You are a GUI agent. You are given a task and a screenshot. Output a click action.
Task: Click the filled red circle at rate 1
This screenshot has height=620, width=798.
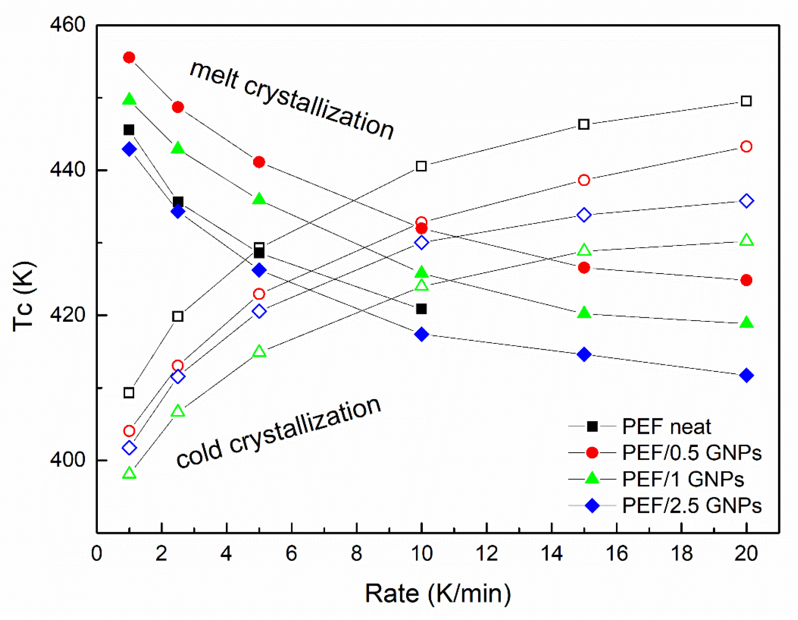pyautogui.click(x=129, y=58)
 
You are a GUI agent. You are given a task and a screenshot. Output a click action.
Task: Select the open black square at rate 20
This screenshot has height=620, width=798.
pyautogui.click(x=746, y=101)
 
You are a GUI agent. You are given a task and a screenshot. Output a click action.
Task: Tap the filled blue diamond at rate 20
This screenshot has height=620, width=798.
pyautogui.click(x=746, y=375)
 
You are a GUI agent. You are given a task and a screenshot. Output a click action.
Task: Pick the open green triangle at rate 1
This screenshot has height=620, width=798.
pyautogui.click(x=129, y=473)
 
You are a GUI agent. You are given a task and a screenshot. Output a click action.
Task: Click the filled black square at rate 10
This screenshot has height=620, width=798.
pyautogui.click(x=421, y=309)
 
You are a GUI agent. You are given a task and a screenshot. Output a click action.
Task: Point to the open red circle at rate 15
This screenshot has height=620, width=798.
pyautogui.click(x=583, y=180)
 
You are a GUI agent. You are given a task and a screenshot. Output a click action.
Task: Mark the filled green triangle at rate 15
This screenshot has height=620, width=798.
pyautogui.click(x=583, y=313)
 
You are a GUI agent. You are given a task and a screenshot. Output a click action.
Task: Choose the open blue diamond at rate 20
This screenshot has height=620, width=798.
pyautogui.click(x=746, y=201)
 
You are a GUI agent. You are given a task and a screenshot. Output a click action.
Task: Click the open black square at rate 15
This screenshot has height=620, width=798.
pyautogui.click(x=583, y=124)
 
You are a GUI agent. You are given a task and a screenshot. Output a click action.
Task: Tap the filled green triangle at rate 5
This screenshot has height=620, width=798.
pyautogui.click(x=259, y=199)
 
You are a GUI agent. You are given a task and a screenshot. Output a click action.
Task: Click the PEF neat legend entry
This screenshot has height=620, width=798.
pyautogui.click(x=666, y=426)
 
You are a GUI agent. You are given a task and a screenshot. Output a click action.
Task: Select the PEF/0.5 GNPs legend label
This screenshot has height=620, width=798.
pyautogui.click(x=691, y=453)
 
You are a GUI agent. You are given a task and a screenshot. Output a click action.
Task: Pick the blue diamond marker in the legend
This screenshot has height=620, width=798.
pyautogui.click(x=592, y=505)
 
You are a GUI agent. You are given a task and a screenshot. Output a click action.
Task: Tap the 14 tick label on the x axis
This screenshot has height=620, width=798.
pyautogui.click(x=551, y=553)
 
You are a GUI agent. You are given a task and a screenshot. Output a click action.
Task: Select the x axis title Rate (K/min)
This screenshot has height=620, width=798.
pyautogui.click(x=438, y=594)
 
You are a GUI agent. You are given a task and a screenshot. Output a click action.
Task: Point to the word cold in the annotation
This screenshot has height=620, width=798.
pyautogui.click(x=198, y=455)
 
